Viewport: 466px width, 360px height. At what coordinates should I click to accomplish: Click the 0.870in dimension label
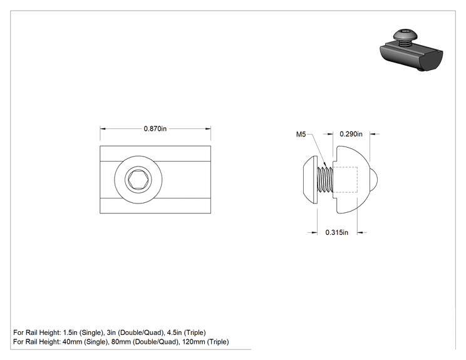(155, 128)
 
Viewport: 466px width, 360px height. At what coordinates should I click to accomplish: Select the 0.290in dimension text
(351, 134)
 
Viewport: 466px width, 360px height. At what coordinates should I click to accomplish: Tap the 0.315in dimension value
(337, 232)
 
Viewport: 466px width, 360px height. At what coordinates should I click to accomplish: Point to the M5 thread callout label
(301, 134)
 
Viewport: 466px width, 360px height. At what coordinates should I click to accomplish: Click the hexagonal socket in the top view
(138, 180)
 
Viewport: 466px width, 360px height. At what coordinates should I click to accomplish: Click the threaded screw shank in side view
(325, 180)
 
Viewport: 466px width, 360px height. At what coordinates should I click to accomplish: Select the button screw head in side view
(310, 180)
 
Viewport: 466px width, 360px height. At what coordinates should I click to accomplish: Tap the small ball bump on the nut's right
(374, 180)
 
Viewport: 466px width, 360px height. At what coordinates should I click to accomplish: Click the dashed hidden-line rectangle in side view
(345, 180)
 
